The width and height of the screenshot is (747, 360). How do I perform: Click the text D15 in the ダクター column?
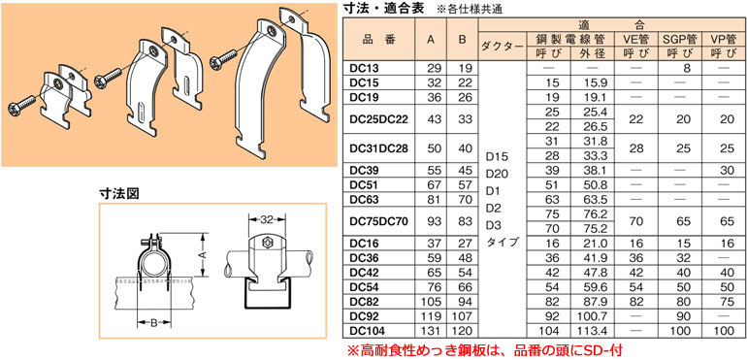tap(496, 155)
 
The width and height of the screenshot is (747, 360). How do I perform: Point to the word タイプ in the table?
tap(500, 241)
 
